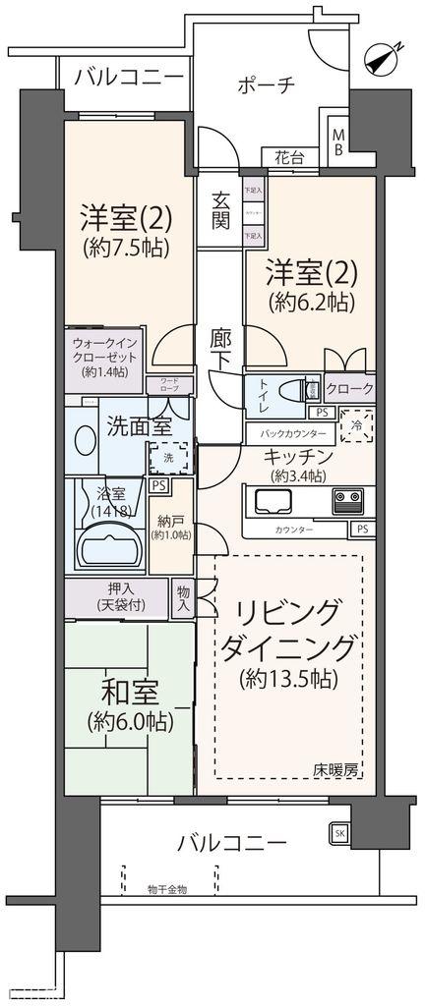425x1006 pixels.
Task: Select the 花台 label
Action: [285, 156]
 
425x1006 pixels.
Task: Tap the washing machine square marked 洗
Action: [162, 458]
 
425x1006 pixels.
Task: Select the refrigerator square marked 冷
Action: [355, 427]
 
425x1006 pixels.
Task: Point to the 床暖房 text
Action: [337, 769]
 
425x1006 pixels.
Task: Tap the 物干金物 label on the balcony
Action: [167, 889]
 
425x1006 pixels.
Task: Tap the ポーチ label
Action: [266, 84]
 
